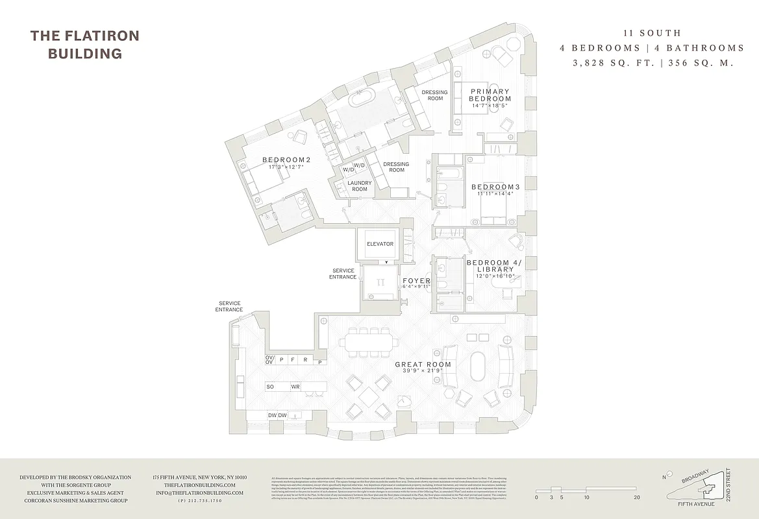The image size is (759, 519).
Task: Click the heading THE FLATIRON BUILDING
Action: (x=84, y=45)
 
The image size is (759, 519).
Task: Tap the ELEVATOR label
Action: (x=380, y=244)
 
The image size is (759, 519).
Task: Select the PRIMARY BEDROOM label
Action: (x=490, y=95)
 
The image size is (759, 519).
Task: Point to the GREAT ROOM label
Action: (x=423, y=365)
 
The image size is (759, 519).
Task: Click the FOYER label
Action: (x=417, y=281)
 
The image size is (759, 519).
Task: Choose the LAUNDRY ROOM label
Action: (x=359, y=186)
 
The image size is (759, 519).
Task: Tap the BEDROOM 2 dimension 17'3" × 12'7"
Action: (x=286, y=167)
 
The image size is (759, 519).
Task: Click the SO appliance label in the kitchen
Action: (x=269, y=387)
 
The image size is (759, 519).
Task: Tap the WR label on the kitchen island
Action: (x=295, y=387)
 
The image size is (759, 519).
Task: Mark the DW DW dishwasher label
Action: (x=277, y=415)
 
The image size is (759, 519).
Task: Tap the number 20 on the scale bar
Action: (x=636, y=498)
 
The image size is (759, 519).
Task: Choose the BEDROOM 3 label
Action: (x=495, y=187)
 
